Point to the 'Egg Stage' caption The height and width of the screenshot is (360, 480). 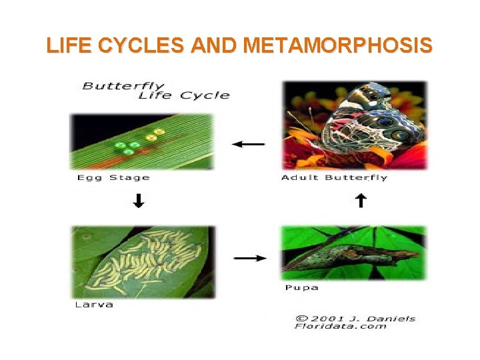tap(113, 177)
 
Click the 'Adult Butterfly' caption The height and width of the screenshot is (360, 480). tap(334, 177)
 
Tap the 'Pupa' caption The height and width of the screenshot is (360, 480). tap(301, 288)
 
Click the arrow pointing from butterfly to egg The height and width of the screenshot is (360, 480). tap(248, 143)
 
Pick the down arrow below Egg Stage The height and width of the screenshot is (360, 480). tap(138, 201)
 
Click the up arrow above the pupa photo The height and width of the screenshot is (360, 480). tap(360, 201)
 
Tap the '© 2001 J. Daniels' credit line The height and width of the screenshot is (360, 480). tap(355, 318)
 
